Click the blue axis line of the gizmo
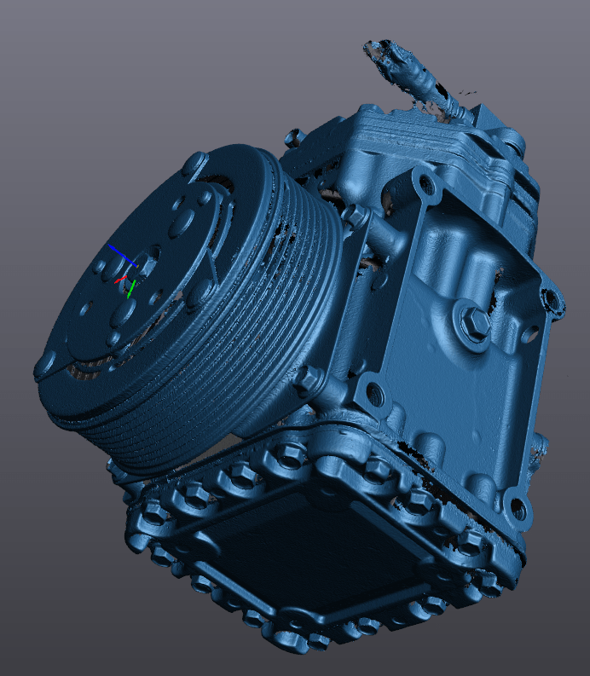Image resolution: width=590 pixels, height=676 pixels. [120, 252]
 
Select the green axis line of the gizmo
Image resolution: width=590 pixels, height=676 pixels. [131, 289]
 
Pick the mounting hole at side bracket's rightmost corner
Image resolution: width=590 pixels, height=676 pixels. [550, 299]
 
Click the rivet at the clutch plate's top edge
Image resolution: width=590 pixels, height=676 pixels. [194, 163]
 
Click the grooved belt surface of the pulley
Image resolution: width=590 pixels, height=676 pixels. [264, 332]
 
